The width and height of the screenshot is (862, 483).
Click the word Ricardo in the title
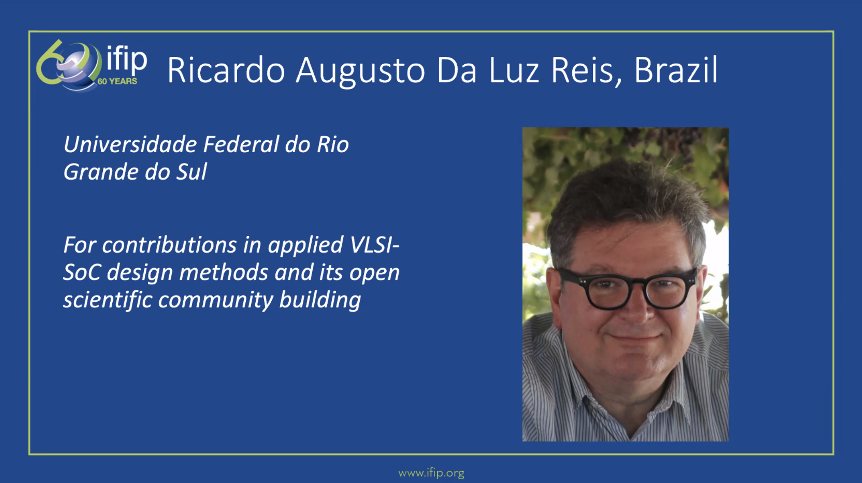[226, 70]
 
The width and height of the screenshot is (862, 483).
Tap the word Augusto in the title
[361, 72]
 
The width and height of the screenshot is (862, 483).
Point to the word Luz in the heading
[514, 70]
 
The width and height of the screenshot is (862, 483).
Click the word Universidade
[130, 144]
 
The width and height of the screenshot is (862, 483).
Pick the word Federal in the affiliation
[241, 144]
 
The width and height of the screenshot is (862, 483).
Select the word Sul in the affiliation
[192, 172]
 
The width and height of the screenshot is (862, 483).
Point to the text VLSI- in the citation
[374, 245]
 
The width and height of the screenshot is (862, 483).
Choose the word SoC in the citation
[82, 272]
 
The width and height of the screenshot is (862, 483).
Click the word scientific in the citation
[108, 300]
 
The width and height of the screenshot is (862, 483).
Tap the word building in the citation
[320, 300]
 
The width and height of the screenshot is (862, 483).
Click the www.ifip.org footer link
[431, 473]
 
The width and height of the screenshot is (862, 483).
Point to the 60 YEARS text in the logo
[117, 81]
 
